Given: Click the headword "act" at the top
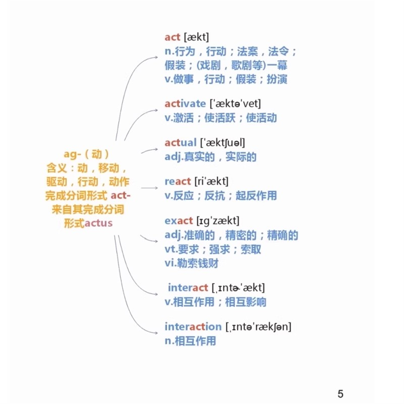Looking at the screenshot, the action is (x=172, y=37).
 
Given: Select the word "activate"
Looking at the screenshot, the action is (x=185, y=104).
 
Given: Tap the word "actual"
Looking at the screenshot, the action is (x=180, y=143).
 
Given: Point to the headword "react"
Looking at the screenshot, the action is (x=178, y=182).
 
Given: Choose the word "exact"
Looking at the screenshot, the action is (x=179, y=221).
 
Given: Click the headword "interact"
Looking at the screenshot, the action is (x=188, y=288).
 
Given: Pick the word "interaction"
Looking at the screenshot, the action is (x=193, y=327).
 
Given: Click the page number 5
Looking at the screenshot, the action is (x=340, y=394).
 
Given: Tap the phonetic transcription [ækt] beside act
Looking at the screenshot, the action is (x=196, y=37).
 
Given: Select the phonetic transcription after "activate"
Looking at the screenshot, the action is (x=235, y=104).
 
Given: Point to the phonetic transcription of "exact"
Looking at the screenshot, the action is (x=218, y=221).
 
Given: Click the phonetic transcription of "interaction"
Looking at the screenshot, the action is (x=258, y=327).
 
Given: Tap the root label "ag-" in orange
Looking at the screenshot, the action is (x=72, y=154).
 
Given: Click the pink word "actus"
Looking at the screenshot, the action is (x=98, y=223).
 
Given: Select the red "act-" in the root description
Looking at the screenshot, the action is (x=121, y=196).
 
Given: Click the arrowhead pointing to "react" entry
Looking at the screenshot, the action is (x=156, y=188).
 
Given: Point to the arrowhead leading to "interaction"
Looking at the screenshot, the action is (x=156, y=333).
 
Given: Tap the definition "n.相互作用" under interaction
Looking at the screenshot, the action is (x=190, y=341).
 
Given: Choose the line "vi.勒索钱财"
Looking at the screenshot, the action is (x=191, y=263).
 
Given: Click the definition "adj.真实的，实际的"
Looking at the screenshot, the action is (x=210, y=157).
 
